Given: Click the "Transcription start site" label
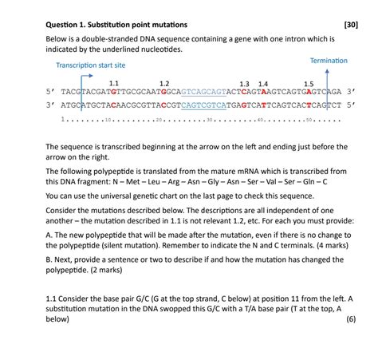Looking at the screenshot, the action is coord(90,65).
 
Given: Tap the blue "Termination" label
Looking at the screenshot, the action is coord(328,61).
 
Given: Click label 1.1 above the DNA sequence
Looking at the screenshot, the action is coord(113,83).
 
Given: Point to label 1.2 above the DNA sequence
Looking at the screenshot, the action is coord(164,83).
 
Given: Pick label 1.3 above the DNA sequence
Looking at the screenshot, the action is coord(244,83).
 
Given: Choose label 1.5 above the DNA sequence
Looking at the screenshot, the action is coord(308,83).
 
